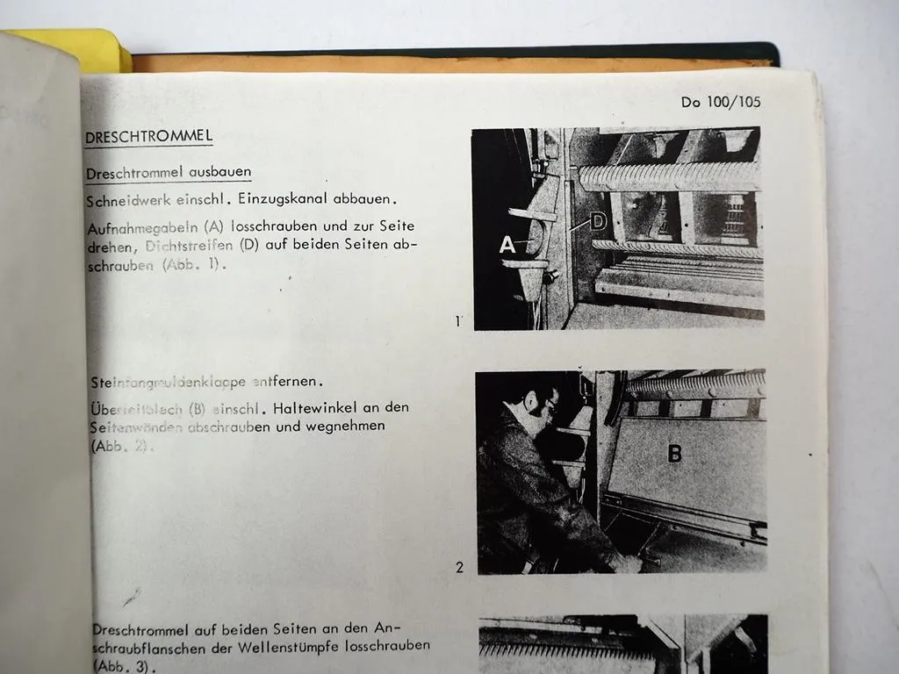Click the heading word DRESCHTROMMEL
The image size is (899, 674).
click(x=148, y=138)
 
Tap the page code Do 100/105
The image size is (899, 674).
click(x=721, y=102)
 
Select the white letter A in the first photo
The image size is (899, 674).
click(x=507, y=246)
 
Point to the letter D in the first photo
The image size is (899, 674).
click(x=598, y=221)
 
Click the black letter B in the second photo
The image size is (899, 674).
click(x=674, y=454)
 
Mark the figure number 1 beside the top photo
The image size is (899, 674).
click(x=457, y=321)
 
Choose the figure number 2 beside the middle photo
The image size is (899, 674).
click(x=459, y=568)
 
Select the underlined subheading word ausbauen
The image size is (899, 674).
click(x=219, y=172)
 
